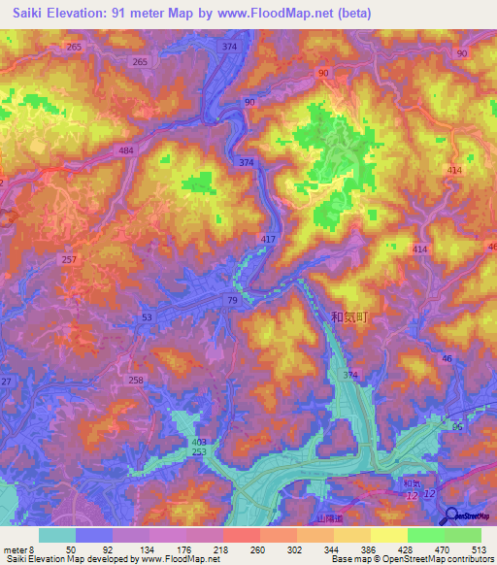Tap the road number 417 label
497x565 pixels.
269,238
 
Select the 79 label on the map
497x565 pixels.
233,302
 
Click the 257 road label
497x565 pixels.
69,260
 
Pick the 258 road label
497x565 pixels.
137,380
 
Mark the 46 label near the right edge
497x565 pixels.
447,359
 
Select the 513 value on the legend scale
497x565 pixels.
479,548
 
